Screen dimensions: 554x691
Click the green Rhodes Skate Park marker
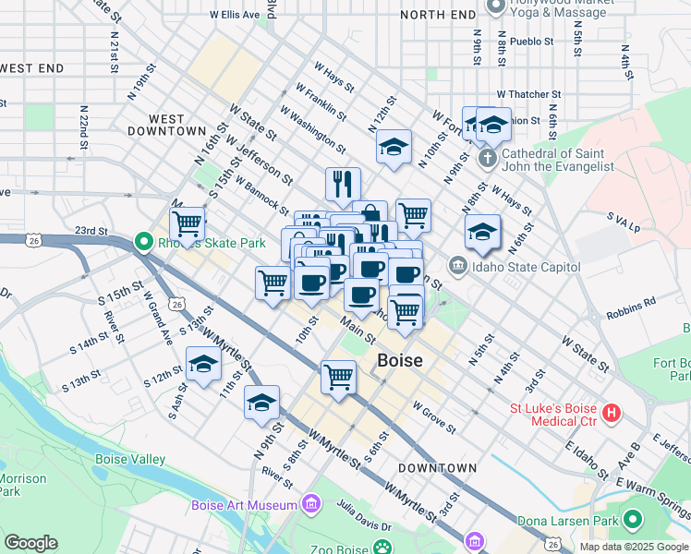[143, 243]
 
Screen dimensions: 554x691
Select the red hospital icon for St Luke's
[610, 413]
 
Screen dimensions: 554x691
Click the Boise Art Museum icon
[310, 504]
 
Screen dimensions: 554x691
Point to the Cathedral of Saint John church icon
[488, 158]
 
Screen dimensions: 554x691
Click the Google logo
[31, 543]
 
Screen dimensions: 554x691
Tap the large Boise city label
[400, 361]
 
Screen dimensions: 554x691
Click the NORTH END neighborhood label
[439, 15]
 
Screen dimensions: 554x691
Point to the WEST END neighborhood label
[32, 68]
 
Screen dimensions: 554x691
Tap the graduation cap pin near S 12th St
[203, 366]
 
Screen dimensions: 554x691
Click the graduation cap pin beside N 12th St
[394, 148]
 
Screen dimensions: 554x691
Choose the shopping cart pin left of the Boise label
[338, 377]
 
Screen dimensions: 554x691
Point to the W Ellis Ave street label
[235, 15]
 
